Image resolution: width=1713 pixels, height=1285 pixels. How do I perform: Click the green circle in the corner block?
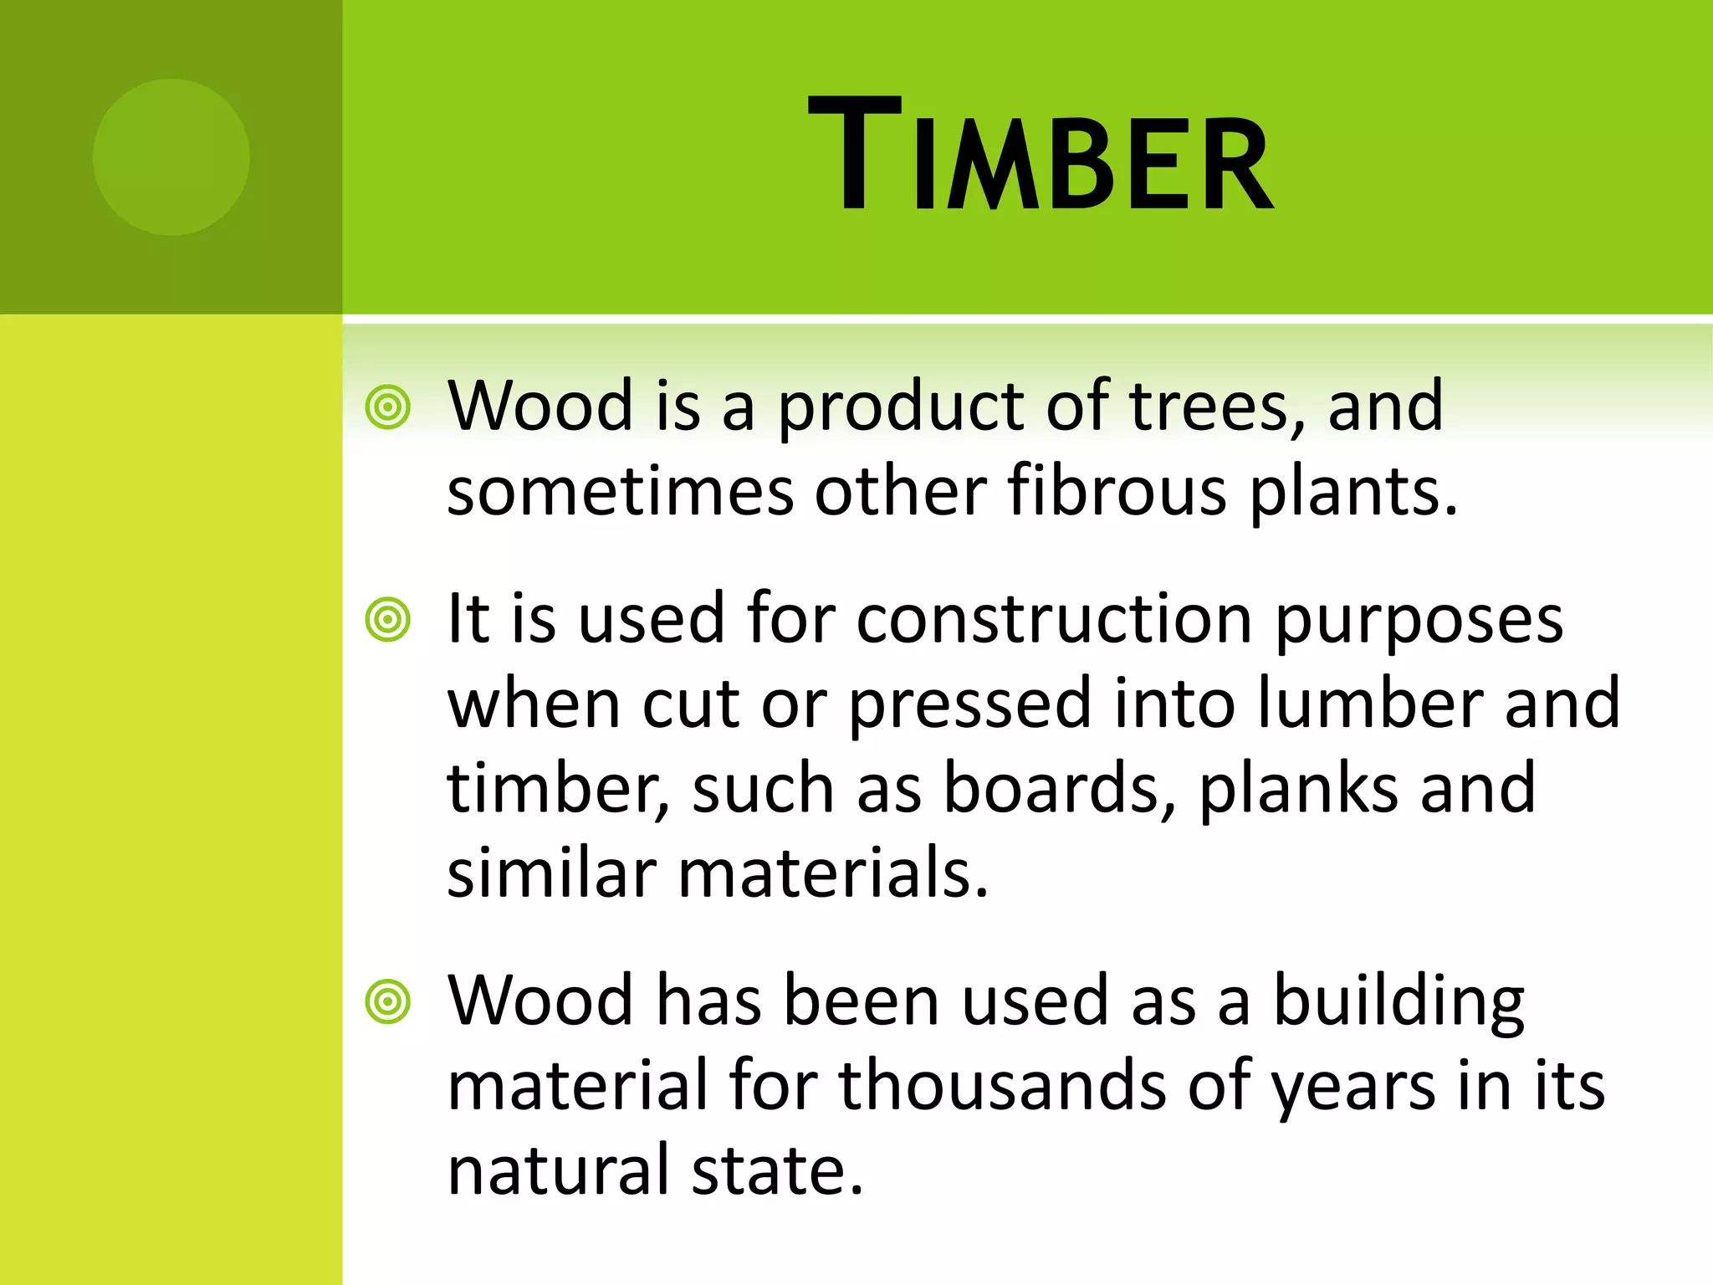pyautogui.click(x=171, y=156)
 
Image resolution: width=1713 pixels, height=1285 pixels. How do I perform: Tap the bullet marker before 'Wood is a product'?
pyautogui.click(x=388, y=408)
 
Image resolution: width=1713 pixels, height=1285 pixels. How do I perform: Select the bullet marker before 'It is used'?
pyautogui.click(x=388, y=620)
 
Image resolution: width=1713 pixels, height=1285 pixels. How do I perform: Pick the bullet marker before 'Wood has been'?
pyautogui.click(x=388, y=1001)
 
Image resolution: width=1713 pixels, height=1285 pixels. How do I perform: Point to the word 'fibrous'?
pyautogui.click(x=1117, y=492)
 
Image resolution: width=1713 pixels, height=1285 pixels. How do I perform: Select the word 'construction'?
pyautogui.click(x=1054, y=620)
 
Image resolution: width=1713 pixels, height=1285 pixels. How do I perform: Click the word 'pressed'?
pyautogui.click(x=970, y=705)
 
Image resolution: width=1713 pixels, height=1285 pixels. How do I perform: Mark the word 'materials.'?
pyautogui.click(x=833, y=874)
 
